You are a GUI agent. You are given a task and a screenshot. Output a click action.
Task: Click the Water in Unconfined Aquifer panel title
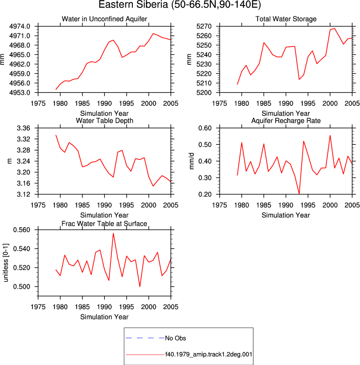point(104,19)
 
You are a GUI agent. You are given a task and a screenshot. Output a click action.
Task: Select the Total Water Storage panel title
point(286,19)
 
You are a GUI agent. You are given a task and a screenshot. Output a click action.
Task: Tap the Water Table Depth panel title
point(104,120)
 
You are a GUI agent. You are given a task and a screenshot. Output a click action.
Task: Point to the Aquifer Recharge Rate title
point(286,120)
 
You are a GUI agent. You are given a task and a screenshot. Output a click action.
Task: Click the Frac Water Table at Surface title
point(104,224)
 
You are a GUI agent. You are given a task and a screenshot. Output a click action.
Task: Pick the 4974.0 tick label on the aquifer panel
point(20,26)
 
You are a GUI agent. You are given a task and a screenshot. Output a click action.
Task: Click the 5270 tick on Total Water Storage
point(204,26)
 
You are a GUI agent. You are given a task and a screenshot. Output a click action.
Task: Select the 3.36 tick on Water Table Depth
point(23,128)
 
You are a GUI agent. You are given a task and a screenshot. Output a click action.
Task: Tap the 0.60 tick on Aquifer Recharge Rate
point(205,128)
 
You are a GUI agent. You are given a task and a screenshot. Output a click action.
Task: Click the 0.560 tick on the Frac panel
point(21,230)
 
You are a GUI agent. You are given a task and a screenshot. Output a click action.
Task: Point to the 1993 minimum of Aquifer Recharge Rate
point(299,194)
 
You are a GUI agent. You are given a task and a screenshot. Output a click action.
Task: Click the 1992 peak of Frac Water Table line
point(113,233)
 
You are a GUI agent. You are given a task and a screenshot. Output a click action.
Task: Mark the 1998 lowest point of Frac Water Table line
point(140,287)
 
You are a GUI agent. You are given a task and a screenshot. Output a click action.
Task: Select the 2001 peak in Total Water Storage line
point(335,28)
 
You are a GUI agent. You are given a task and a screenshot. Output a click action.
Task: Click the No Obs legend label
point(175,338)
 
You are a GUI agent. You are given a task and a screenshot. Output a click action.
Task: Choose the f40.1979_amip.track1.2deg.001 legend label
point(209,355)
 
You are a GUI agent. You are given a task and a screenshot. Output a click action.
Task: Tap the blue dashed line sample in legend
point(145,338)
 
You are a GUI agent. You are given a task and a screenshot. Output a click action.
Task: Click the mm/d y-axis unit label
point(192,161)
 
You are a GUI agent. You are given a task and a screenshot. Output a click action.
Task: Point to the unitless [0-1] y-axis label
point(5,263)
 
